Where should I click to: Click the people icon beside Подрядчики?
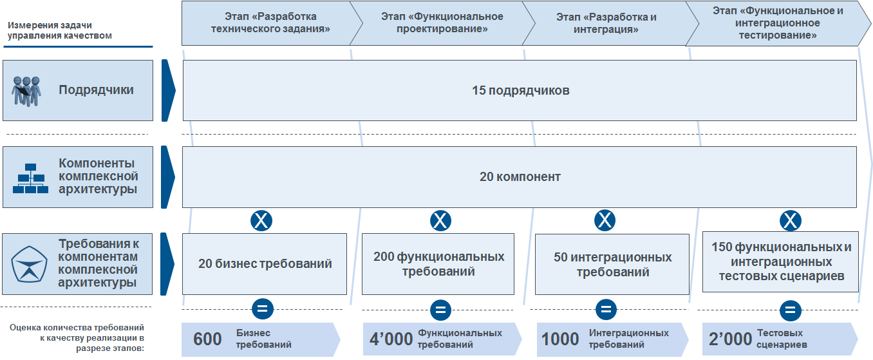(x=26, y=91)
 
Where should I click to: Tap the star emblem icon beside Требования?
(x=28, y=264)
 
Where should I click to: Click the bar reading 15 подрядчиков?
(x=520, y=91)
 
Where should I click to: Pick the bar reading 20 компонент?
(x=520, y=177)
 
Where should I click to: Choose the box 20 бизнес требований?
(x=265, y=263)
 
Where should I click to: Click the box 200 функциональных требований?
(x=438, y=263)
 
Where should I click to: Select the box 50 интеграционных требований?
(x=612, y=263)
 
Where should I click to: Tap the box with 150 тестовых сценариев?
(x=780, y=261)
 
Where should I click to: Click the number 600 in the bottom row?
(x=207, y=339)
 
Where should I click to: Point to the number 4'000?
(x=391, y=339)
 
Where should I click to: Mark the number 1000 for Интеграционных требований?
(x=560, y=339)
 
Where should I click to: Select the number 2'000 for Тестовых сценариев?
(x=730, y=339)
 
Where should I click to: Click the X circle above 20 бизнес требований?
(x=261, y=221)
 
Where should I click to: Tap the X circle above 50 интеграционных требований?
(x=605, y=221)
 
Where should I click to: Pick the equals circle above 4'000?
(x=440, y=309)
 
